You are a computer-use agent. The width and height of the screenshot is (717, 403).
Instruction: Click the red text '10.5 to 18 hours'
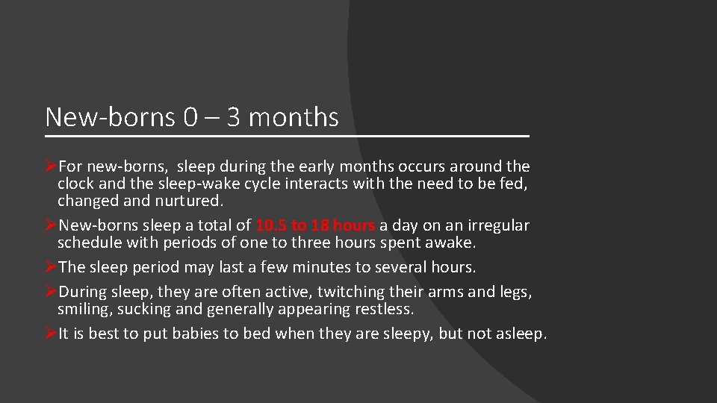coord(315,225)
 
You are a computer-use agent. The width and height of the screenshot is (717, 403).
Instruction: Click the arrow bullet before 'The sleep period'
coord(51,267)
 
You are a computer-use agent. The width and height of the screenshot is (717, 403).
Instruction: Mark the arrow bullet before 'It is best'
coord(51,334)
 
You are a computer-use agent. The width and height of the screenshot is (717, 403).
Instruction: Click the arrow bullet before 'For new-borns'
coord(51,166)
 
